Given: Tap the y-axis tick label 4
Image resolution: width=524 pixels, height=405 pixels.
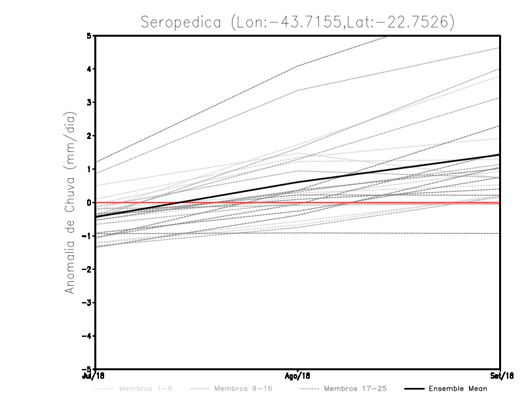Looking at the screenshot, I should tap(88, 69).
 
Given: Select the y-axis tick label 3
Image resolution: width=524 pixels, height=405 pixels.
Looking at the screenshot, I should tap(88, 102).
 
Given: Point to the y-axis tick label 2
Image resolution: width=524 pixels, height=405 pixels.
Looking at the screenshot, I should tap(88, 136).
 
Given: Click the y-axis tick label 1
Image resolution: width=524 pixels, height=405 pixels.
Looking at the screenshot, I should tap(88, 169).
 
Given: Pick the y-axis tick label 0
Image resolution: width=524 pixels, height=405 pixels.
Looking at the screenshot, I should tap(88, 202).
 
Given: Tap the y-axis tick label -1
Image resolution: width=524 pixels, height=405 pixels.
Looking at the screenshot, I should tap(86, 236).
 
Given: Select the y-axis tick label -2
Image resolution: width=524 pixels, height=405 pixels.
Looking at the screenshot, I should tap(86, 269).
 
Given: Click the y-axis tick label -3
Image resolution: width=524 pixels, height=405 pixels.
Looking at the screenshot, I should tap(86, 303).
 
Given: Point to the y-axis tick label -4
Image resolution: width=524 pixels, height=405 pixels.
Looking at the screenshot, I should tap(86, 336).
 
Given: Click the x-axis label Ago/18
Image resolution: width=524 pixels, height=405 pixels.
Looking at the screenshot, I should tap(298, 376).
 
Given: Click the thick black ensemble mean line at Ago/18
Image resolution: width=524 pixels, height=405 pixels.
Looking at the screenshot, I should tap(298, 182).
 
